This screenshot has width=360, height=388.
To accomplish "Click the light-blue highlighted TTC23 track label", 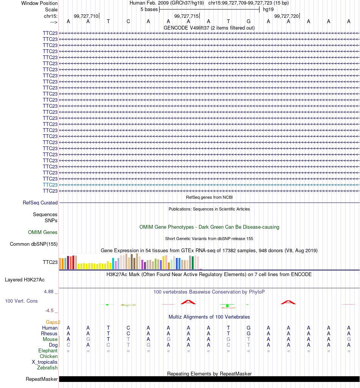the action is click(x=50, y=185).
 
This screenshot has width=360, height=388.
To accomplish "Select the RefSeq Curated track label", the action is click(x=40, y=203).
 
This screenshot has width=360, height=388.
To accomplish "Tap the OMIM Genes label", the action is click(x=42, y=232).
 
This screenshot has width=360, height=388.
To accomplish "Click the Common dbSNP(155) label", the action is click(x=34, y=244).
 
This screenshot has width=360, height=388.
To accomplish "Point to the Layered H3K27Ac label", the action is click(x=25, y=280).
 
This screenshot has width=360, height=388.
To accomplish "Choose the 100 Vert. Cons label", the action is click(x=21, y=301).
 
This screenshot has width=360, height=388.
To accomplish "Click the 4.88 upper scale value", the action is click(x=49, y=292).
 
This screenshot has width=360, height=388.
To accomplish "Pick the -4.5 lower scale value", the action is click(x=49, y=311).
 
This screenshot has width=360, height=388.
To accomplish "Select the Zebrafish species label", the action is click(x=47, y=368).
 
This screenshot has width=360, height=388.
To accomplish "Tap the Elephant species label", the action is click(x=48, y=350).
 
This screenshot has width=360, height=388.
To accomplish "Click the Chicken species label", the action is click(x=49, y=356).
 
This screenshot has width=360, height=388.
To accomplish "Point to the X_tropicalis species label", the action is click(x=44, y=362).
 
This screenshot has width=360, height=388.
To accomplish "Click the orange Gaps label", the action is click(x=52, y=322).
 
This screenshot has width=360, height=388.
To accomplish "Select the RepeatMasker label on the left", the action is click(x=42, y=379).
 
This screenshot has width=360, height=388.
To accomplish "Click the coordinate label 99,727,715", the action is click(x=186, y=16).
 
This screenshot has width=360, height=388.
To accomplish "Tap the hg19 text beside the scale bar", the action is click(x=268, y=9).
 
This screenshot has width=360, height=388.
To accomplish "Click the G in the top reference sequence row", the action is click(x=249, y=22).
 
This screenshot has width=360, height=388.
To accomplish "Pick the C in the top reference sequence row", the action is click(x=128, y=22).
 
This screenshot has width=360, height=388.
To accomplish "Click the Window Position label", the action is click(x=39, y=3).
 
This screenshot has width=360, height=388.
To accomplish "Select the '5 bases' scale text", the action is click(x=149, y=9).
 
